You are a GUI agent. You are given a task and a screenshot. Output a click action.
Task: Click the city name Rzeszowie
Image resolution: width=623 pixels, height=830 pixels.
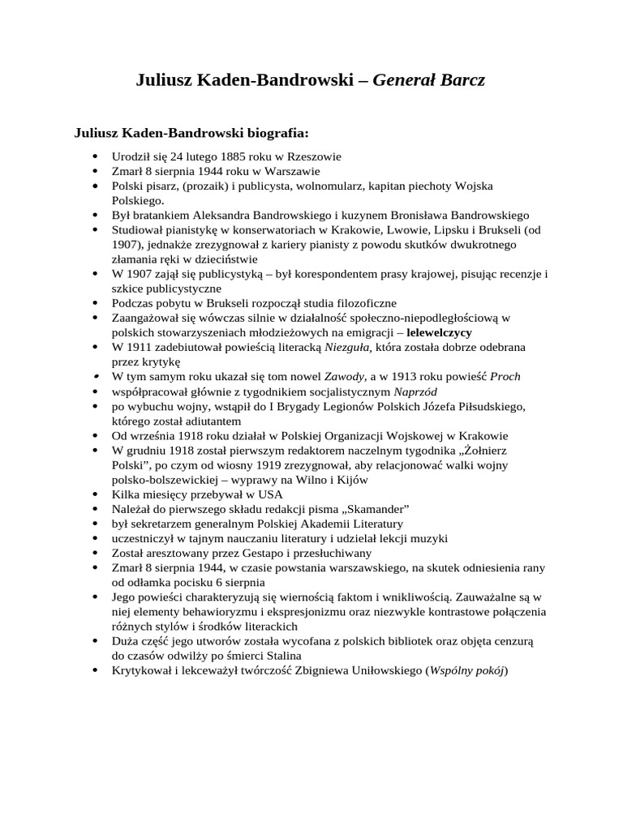(311, 156)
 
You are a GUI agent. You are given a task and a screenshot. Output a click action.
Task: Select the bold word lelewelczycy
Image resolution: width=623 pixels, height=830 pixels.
(440, 332)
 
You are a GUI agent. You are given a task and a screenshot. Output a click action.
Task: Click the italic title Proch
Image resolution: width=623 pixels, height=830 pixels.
(505, 376)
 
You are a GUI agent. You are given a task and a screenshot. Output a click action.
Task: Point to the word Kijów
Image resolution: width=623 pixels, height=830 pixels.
(350, 479)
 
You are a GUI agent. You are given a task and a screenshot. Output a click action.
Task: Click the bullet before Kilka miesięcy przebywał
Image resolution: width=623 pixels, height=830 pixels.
(96, 494)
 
